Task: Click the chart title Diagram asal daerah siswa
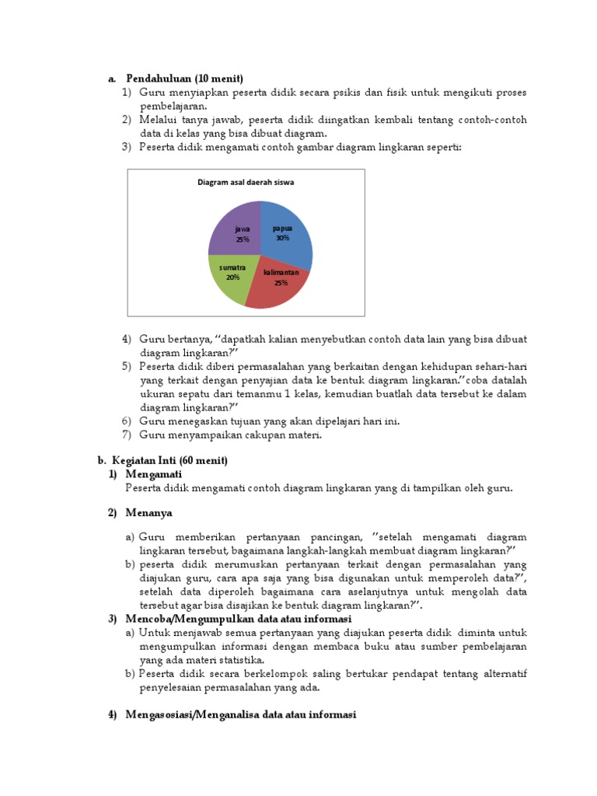click(246, 183)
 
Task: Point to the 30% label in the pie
click(282, 238)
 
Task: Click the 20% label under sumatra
click(232, 277)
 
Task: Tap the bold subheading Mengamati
click(153, 474)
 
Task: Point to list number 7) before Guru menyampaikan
click(127, 435)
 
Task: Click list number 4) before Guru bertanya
click(127, 340)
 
